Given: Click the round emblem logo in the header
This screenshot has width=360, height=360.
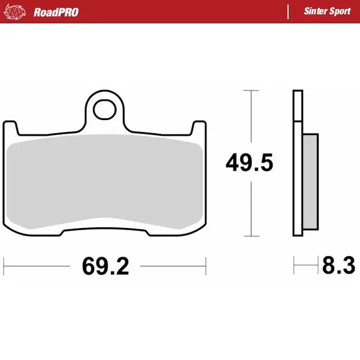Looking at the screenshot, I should point(17,11).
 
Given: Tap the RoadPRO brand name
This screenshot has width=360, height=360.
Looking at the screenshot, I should point(56,12).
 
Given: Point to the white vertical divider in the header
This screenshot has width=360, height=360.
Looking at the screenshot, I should point(289,11).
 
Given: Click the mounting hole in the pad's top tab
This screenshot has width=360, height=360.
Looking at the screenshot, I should point(106,110).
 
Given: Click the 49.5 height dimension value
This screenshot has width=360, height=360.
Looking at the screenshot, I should point(250,163).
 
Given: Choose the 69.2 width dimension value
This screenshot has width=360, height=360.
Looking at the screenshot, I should point(106,265).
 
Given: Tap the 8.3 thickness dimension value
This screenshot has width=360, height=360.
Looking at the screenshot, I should point(338,265).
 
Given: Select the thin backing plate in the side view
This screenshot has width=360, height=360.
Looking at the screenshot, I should point(297,163).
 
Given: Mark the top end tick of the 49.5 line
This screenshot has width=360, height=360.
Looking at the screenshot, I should point(251,91).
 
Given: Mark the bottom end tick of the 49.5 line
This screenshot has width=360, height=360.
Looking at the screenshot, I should point(251,235).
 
